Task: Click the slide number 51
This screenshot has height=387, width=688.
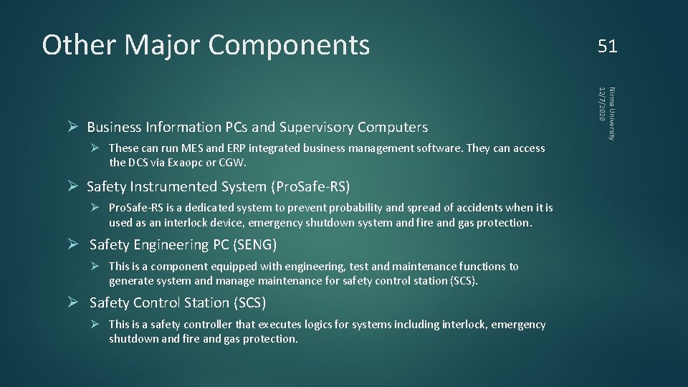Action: [607, 47]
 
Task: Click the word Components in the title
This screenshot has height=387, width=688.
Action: [289, 45]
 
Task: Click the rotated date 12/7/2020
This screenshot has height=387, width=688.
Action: [602, 103]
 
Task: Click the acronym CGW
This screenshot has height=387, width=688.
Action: [232, 163]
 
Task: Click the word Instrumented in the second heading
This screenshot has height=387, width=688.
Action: [172, 187]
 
